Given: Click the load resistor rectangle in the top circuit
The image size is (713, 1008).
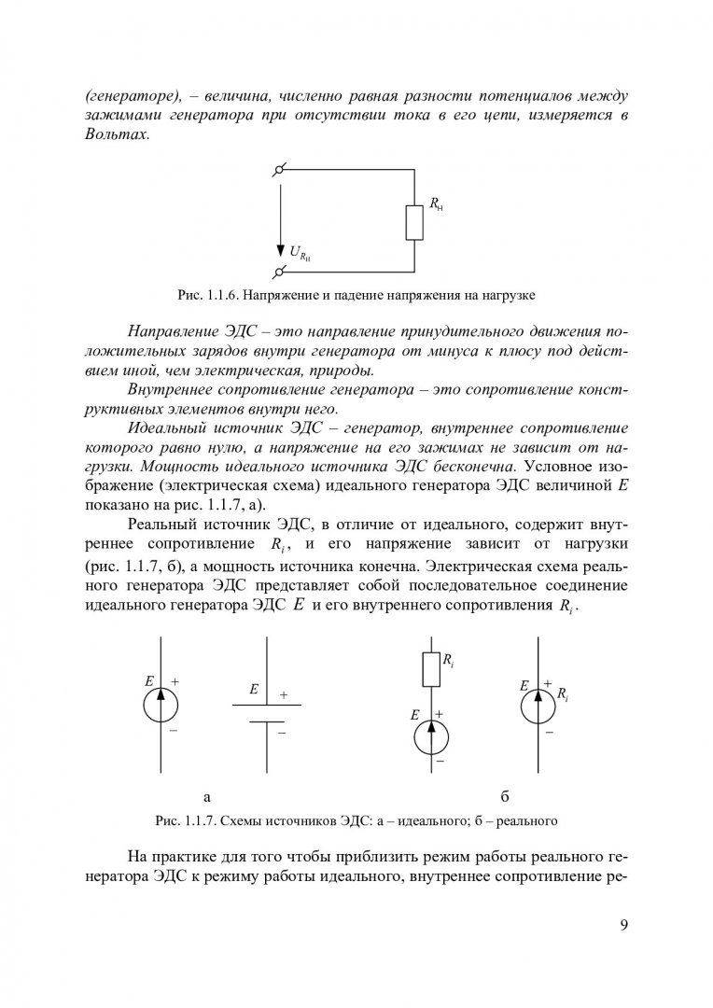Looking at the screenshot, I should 413,221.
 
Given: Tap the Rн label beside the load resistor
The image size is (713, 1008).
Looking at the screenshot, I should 436,204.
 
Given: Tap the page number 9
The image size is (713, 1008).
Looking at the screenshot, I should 623,925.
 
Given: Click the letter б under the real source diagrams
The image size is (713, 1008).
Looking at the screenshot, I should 504,796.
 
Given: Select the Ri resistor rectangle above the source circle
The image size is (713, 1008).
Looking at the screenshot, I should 431,668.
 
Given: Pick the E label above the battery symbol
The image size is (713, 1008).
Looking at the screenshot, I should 253,690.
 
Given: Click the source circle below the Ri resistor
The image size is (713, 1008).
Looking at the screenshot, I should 431,735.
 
